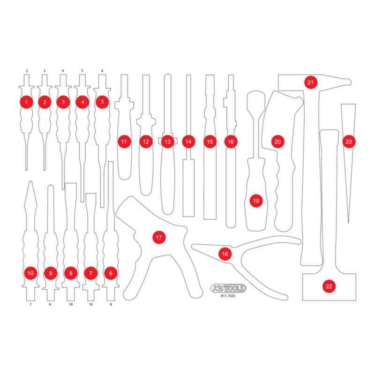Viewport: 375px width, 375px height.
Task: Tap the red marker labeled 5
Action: pyautogui.click(x=102, y=101)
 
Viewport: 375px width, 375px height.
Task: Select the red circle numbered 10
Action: pyautogui.click(x=31, y=272)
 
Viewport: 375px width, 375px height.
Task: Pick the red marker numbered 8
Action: pyautogui.click(x=71, y=272)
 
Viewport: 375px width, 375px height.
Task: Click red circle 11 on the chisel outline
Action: pyautogui.click(x=124, y=141)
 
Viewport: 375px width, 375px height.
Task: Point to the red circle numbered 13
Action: pyautogui.click(x=167, y=141)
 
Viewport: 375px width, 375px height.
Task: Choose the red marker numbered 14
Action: pyautogui.click(x=188, y=141)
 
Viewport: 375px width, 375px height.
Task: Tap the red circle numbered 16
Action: pyautogui.click(x=230, y=141)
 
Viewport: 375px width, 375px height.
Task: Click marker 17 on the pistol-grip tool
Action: pyautogui.click(x=159, y=238)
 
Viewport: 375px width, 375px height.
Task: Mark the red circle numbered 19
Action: pyautogui.click(x=255, y=201)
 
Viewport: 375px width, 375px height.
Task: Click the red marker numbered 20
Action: pyautogui.click(x=277, y=141)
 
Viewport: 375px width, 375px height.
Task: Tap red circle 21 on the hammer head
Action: pyautogui.click(x=310, y=82)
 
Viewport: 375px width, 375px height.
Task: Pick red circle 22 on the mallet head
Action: pyautogui.click(x=329, y=285)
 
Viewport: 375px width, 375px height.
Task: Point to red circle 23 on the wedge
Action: pyautogui.click(x=348, y=141)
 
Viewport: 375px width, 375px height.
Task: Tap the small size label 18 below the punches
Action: pyautogui.click(x=70, y=304)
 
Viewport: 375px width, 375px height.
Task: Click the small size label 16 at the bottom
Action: pyautogui.click(x=90, y=304)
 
